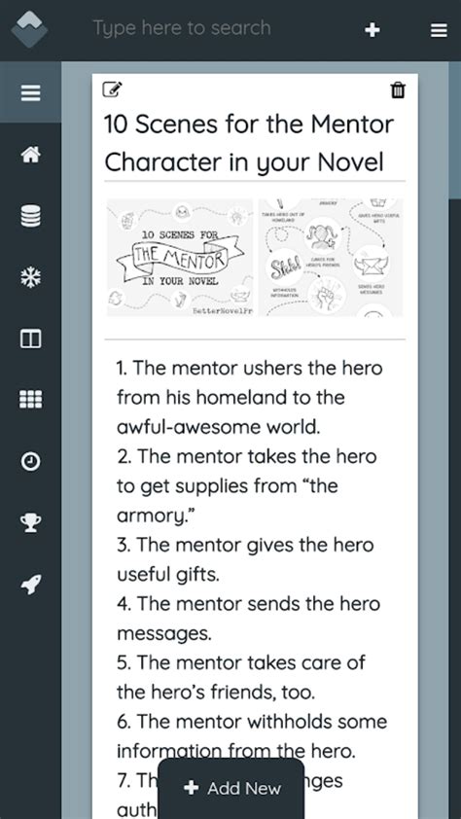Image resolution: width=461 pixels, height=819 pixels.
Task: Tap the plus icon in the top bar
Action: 372,30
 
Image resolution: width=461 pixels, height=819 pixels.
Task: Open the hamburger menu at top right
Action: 439,30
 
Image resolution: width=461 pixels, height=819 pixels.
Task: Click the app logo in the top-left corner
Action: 29,29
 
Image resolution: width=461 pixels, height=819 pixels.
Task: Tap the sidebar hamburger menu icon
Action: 30,93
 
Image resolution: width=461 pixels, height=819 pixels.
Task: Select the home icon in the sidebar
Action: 30,155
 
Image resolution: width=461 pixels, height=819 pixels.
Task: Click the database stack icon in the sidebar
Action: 30,216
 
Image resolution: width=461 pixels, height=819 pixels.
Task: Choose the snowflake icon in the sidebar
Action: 30,277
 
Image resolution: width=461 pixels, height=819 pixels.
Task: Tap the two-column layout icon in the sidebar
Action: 30,338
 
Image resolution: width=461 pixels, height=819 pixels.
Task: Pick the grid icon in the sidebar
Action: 30,400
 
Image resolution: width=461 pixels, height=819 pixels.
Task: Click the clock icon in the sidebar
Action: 30,461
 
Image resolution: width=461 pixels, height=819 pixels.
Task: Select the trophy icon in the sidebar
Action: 30,522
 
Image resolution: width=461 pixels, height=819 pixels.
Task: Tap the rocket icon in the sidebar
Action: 30,584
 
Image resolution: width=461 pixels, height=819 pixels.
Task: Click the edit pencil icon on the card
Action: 112,90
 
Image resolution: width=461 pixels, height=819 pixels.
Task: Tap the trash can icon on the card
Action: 398,90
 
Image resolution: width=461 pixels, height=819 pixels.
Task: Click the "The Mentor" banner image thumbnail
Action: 179,258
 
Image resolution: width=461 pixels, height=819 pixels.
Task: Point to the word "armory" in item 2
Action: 151,515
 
